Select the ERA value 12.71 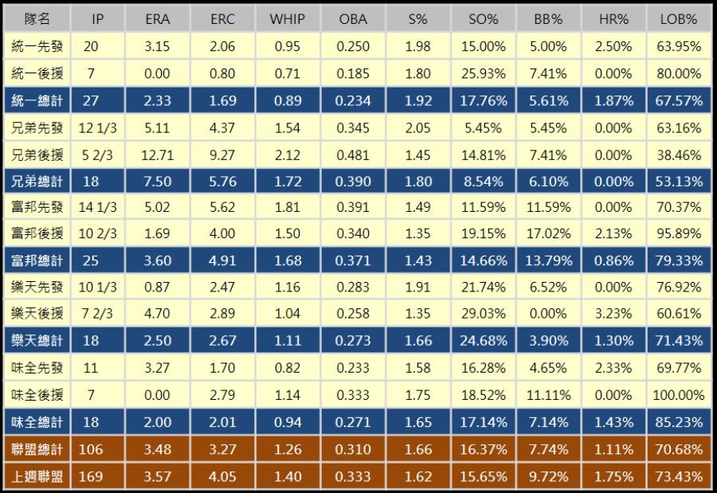click(158, 155)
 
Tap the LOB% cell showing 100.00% click(678, 395)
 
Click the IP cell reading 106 click(92, 449)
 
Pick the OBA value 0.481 click(353, 155)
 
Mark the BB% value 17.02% click(548, 234)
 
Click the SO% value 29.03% click(484, 315)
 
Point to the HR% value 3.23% click(613, 315)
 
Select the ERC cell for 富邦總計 click(222, 261)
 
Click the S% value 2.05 click(417, 127)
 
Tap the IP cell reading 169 click(92, 476)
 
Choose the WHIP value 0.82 click(288, 368)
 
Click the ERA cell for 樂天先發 click(158, 288)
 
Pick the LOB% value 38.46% click(678, 155)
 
